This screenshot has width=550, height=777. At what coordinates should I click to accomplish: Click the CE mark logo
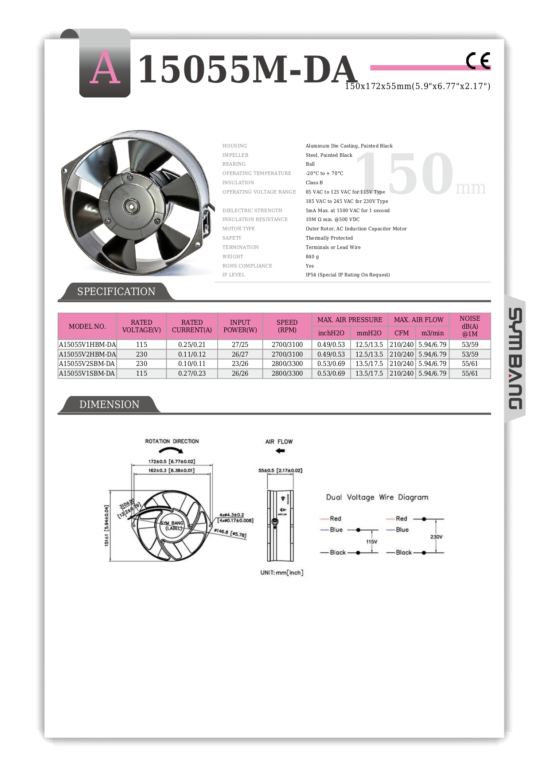click(x=478, y=61)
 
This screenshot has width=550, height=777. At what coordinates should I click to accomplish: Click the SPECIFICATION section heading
click(x=116, y=291)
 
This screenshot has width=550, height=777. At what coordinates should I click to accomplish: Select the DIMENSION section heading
click(x=109, y=404)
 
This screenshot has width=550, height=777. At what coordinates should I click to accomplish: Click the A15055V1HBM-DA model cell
click(x=87, y=345)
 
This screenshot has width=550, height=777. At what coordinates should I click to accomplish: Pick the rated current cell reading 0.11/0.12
click(x=192, y=354)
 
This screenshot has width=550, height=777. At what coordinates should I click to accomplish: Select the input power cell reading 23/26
click(x=240, y=364)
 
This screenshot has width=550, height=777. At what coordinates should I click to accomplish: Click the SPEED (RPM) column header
click(x=287, y=326)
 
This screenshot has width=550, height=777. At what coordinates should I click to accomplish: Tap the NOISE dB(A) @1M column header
click(x=470, y=326)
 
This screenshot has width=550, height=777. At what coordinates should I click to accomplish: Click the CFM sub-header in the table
click(x=402, y=333)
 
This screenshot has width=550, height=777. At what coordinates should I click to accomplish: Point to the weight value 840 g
click(x=312, y=256)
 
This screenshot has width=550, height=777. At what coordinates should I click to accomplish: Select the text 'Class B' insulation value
click(x=314, y=183)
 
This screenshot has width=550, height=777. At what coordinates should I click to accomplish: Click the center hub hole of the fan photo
click(x=132, y=205)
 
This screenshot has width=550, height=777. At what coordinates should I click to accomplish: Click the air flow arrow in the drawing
click(x=280, y=451)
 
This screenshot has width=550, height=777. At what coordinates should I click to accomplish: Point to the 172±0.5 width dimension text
click(x=172, y=462)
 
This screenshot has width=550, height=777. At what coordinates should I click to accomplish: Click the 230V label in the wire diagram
click(x=436, y=537)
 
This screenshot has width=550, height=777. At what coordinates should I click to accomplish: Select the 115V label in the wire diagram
click(x=371, y=542)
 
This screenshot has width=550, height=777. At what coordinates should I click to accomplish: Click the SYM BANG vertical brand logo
click(x=515, y=359)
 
